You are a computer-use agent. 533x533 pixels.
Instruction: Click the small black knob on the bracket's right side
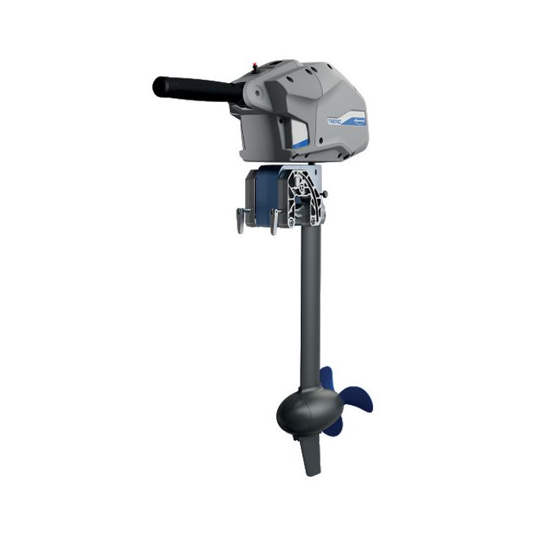pos(326,196)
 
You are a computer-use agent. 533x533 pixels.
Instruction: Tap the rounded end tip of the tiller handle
pos(158,85)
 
